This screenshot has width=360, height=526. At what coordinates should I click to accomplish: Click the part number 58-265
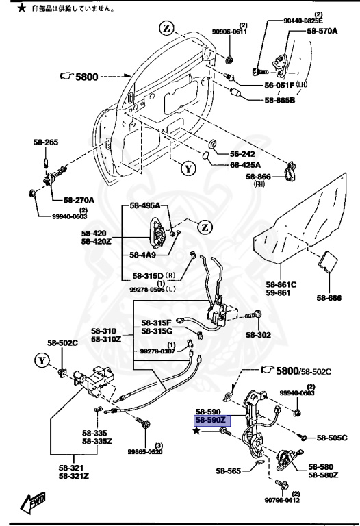47,142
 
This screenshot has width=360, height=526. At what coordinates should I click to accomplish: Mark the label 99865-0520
145,451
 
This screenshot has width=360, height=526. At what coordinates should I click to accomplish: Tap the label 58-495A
144,206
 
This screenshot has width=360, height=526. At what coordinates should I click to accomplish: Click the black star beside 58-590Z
197,430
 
